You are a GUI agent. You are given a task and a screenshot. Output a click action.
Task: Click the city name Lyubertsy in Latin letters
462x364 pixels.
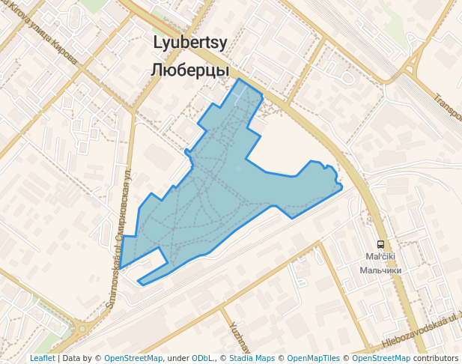click(x=190, y=43)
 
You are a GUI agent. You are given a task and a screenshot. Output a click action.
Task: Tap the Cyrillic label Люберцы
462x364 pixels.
click(x=190, y=70)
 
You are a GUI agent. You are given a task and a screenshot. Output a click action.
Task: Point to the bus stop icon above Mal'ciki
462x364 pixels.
click(x=381, y=244)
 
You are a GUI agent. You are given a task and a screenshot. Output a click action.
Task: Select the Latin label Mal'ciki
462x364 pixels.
click(x=380, y=257)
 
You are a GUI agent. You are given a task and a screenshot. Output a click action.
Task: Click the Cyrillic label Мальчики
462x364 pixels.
click(x=380, y=270)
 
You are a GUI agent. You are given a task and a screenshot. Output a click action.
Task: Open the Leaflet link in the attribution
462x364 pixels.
click(x=42, y=358)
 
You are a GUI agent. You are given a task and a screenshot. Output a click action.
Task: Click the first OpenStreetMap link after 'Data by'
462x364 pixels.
click(x=133, y=358)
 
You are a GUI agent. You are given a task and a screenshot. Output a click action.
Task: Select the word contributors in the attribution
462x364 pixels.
click(x=437, y=358)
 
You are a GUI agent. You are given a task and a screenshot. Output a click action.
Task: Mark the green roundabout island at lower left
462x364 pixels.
click(x=82, y=328)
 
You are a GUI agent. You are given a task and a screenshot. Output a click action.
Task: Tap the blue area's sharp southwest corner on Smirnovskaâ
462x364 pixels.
click(x=121, y=266)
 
